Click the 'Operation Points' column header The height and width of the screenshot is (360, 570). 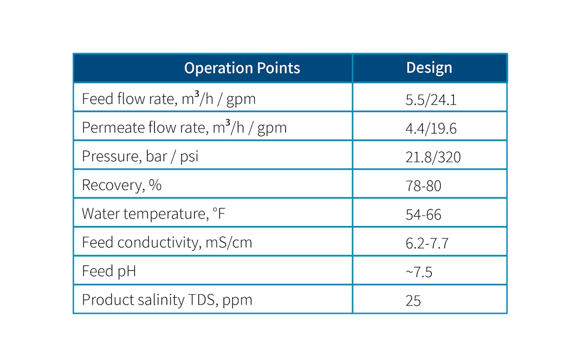pos(242,68)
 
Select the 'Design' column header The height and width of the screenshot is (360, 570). pos(429,68)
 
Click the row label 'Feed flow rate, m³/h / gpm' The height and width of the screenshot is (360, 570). pos(169,99)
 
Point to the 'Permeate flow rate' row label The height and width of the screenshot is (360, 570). pos(184,128)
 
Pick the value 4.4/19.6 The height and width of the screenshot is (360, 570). pos(431,128)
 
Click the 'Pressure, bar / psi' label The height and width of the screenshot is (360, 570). pos(140,157)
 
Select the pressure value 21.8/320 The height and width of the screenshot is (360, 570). pos(433,157)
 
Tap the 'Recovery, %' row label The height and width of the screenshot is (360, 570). pos(122,185)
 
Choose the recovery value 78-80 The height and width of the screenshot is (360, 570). pos(423,186)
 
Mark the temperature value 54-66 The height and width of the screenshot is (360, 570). pos(423,215)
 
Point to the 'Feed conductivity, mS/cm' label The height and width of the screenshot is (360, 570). pos(167,243)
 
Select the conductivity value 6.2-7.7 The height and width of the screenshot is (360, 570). pos(427,244)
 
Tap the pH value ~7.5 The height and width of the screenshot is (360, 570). pos(419,272)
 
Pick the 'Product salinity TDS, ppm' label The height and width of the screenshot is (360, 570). pos(167,300)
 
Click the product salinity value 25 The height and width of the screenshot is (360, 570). pos(413,301)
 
